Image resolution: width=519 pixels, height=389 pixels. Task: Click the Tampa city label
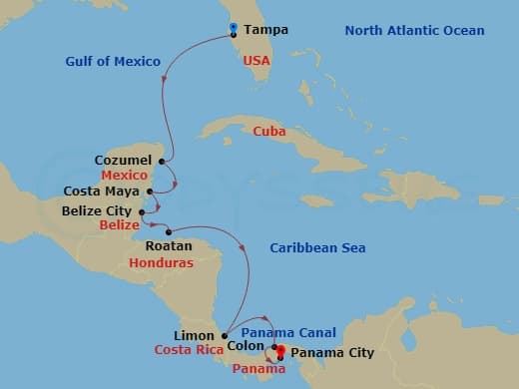[265, 30]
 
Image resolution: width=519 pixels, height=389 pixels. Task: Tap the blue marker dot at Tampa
[233, 28]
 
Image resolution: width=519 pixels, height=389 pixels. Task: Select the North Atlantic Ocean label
[414, 31]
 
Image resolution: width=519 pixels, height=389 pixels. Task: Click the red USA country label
[258, 61]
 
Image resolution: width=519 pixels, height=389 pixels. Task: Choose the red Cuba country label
[268, 131]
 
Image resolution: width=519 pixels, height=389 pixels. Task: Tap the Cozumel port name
[123, 160]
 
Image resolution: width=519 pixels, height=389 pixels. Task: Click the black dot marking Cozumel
[161, 160]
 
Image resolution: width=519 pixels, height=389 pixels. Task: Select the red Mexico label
[125, 175]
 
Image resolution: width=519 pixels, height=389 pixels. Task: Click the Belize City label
[97, 210]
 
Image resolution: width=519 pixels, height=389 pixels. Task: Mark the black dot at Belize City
[142, 210]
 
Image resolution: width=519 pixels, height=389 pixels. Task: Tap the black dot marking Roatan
[168, 232]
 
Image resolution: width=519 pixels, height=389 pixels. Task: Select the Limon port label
[194, 335]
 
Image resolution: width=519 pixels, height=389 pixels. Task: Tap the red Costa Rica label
[187, 350]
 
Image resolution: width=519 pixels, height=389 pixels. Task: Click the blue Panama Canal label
[288, 332]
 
